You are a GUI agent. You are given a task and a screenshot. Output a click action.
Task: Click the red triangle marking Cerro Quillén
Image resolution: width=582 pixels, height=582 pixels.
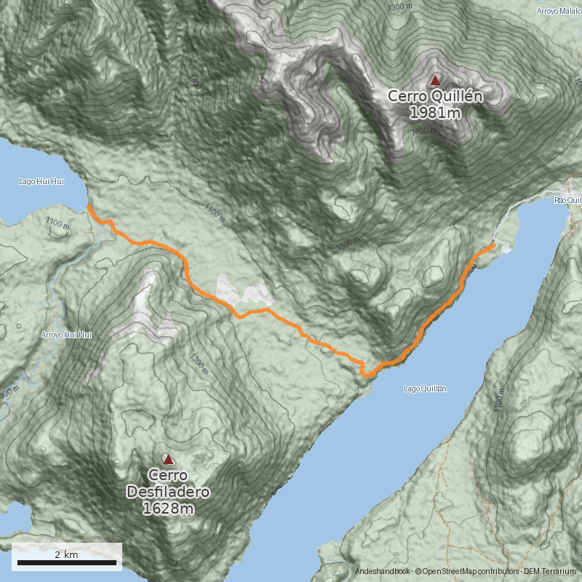[x=435, y=80]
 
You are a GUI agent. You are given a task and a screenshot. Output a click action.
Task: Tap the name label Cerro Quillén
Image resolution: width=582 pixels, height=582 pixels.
[x=435, y=96]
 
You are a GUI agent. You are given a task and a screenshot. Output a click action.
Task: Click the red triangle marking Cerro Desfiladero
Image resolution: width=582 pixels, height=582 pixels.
[x=168, y=459]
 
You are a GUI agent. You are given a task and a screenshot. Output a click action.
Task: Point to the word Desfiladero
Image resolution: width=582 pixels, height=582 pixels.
[x=168, y=493]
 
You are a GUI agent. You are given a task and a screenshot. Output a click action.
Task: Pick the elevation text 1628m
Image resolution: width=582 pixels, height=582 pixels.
[x=168, y=509]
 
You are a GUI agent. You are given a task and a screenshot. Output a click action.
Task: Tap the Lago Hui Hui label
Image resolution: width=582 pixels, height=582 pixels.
[x=41, y=181]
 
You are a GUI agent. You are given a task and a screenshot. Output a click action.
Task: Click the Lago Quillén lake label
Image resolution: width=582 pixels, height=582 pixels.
[x=425, y=388]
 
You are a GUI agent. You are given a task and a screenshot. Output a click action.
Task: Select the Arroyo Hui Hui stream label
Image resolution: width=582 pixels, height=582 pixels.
[x=67, y=335]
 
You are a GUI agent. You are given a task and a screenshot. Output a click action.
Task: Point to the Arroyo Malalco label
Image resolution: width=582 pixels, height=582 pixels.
[x=559, y=11]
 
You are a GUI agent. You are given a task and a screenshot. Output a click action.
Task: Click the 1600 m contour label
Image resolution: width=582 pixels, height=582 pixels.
[x=423, y=131]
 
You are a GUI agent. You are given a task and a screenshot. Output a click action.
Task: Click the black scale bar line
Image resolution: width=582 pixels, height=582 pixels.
[x=66, y=562]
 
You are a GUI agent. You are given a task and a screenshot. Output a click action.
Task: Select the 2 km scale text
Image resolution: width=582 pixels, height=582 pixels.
[x=66, y=554]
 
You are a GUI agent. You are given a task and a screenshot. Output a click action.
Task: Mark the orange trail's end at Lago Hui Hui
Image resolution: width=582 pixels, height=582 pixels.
[x=88, y=207]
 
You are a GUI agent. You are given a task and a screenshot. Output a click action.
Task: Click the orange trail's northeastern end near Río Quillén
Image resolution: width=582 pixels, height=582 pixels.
[x=494, y=245]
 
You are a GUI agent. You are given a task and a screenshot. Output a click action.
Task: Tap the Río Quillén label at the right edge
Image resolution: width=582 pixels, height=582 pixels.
[x=567, y=200]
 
